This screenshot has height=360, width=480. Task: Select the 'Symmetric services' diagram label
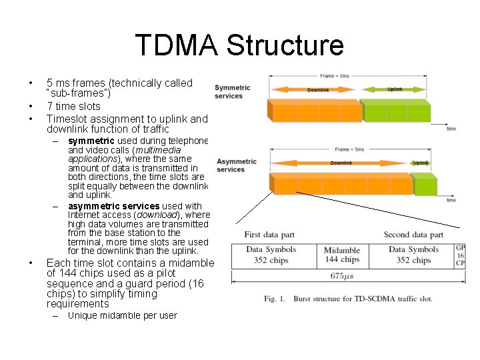(x=233, y=91)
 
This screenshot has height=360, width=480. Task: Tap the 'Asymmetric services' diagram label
(x=236, y=165)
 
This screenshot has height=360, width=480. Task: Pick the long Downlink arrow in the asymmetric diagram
(x=341, y=163)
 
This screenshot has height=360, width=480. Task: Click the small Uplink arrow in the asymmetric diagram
(x=419, y=163)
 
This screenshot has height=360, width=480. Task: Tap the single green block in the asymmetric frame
(x=422, y=183)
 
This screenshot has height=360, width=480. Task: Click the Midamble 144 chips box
(x=341, y=255)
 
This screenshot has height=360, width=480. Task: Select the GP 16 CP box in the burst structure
(x=459, y=255)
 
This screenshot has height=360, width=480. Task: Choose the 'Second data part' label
(x=413, y=235)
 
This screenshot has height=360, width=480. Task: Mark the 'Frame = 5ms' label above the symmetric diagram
(x=334, y=76)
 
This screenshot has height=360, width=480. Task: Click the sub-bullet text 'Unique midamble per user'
(x=122, y=315)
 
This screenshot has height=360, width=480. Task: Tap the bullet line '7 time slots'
(x=73, y=106)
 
